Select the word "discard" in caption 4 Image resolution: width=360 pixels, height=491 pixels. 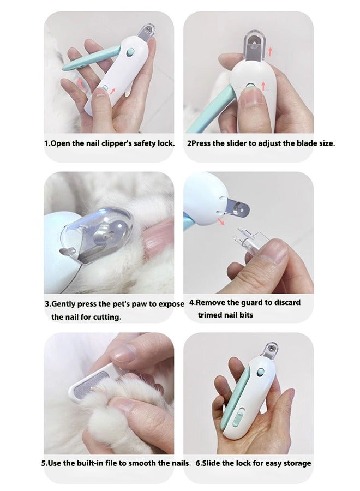tap(287, 302)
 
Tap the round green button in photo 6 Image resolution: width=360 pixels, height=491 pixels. tap(260, 373)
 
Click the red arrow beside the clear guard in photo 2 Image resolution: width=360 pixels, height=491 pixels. tap(270, 52)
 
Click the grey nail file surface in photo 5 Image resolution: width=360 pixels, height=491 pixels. tap(90, 386)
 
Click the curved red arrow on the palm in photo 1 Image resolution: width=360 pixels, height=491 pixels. tap(81, 84)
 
